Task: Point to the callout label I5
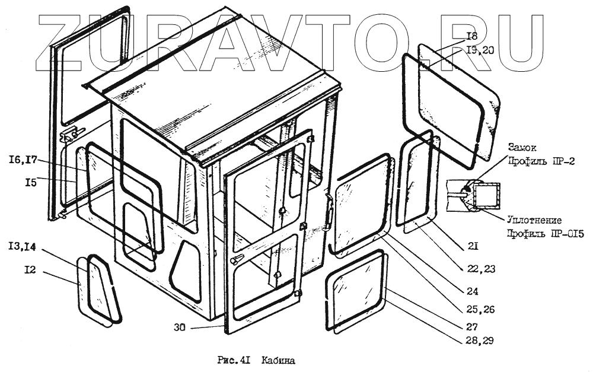click(x=31, y=183)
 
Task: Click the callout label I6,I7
click(x=23, y=160)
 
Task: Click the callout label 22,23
click(x=481, y=268)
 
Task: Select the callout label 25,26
click(x=480, y=309)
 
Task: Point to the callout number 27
click(x=472, y=326)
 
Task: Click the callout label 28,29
click(x=480, y=341)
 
